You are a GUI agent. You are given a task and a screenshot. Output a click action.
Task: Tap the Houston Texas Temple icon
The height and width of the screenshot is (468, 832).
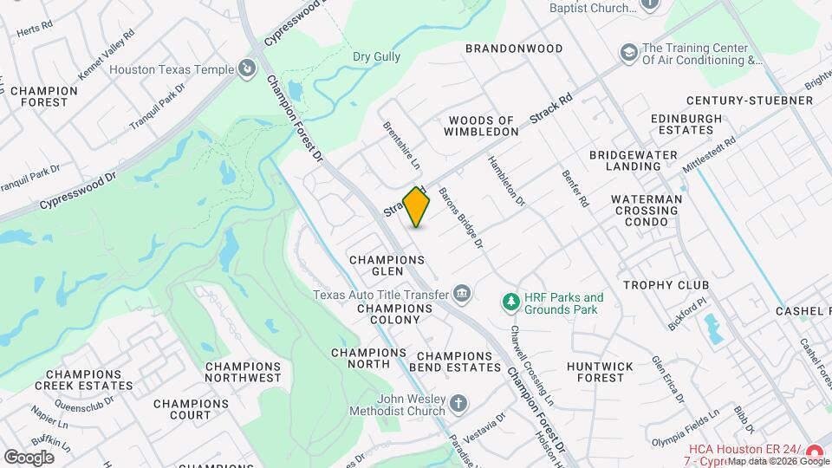(247, 67)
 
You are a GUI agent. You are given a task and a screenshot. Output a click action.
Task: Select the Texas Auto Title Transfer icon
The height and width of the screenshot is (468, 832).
(463, 295)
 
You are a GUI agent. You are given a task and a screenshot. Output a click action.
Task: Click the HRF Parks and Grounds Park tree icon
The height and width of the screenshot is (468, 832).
(511, 302)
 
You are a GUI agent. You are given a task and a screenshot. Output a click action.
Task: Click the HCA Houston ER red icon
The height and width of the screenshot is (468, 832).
(815, 452)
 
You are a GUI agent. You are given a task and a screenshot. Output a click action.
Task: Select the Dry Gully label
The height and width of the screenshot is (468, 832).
(377, 57)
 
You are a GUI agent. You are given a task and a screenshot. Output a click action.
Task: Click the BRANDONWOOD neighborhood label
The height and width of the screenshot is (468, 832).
(514, 49)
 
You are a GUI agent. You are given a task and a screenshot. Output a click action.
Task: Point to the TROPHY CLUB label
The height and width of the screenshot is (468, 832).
(666, 284)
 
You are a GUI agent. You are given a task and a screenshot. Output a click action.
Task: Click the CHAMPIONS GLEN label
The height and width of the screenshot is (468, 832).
(387, 265)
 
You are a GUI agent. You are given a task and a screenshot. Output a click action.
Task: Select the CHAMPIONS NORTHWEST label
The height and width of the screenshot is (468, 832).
(244, 372)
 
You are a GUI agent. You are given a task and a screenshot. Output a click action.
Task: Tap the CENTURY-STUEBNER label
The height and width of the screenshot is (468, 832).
(749, 101)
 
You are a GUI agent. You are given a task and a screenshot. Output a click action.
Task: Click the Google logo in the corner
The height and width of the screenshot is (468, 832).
(29, 457)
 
